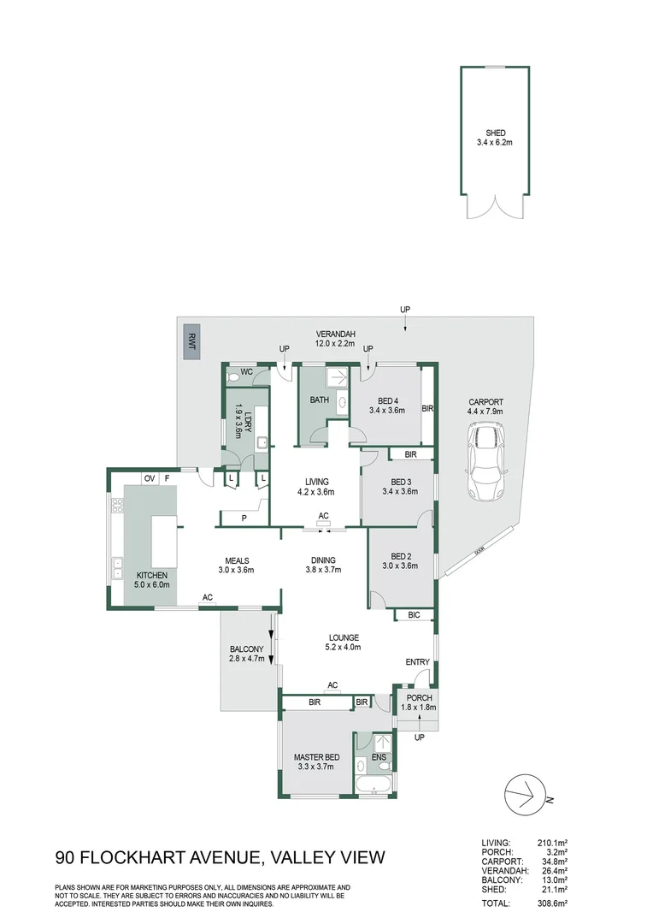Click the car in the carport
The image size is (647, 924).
[486, 465]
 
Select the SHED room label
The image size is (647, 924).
[496, 132]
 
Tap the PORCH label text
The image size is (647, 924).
[419, 697]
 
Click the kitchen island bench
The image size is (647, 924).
[165, 540]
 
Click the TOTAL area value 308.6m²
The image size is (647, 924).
[552, 902]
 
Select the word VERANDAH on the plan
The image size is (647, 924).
[336, 334]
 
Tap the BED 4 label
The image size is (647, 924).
[386, 399]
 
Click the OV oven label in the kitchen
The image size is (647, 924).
[148, 477]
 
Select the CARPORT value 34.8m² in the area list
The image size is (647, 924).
[552, 861]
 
